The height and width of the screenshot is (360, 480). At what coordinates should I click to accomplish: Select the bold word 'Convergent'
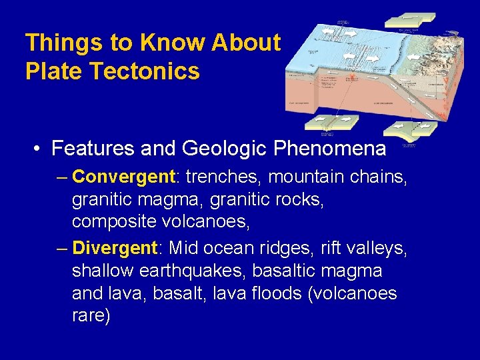point(123,177)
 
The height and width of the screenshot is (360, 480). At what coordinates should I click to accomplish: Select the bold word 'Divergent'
point(114,248)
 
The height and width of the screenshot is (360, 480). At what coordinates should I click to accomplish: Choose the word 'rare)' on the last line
point(91,316)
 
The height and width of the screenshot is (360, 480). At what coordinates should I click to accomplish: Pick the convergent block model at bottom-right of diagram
point(415,128)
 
